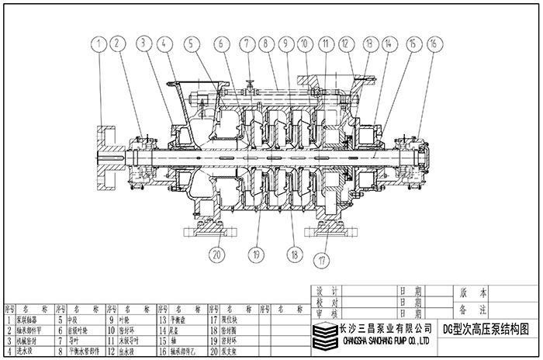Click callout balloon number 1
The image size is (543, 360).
(x=99, y=46)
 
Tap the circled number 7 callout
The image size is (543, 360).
(x=247, y=46)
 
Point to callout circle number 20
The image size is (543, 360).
(x=216, y=252)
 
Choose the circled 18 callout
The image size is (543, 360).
(x=293, y=252)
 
